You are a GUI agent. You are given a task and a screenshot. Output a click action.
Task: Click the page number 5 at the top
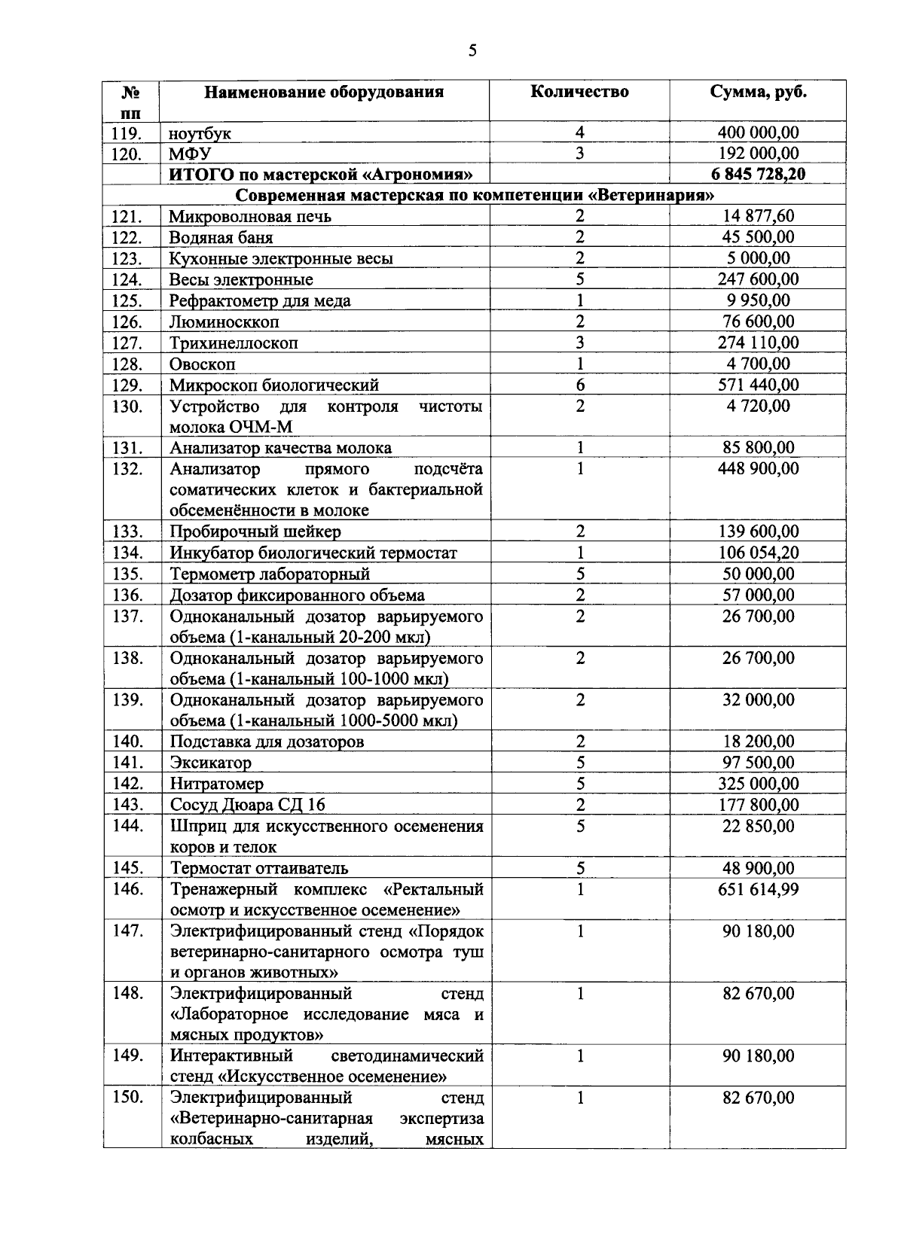(x=472, y=50)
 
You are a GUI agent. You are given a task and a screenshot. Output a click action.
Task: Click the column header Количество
(x=579, y=92)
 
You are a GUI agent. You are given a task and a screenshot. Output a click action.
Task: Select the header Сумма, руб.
(x=758, y=92)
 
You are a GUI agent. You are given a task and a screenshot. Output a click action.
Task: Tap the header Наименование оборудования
(x=325, y=93)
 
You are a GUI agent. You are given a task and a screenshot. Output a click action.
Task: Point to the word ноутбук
(x=200, y=134)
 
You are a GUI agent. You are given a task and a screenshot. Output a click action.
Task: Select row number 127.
(x=127, y=343)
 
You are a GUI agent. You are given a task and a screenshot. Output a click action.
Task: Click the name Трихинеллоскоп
(x=234, y=343)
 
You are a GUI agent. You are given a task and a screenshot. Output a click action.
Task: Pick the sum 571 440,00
(x=758, y=385)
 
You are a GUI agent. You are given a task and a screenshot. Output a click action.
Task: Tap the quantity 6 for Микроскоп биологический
(x=580, y=385)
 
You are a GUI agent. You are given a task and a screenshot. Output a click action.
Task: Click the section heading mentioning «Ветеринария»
(x=475, y=196)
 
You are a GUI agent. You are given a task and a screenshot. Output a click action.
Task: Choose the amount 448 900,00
(x=758, y=469)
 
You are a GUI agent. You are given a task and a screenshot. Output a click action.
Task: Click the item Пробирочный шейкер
(x=255, y=532)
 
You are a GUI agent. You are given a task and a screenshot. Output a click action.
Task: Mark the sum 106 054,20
(x=758, y=553)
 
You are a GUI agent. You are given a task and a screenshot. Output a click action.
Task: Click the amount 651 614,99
(x=758, y=889)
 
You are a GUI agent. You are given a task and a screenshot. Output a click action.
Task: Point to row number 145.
(x=127, y=868)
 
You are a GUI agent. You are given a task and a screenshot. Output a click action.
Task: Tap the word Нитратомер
(x=217, y=784)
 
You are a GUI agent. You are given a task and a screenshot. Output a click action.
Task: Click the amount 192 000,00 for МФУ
(x=758, y=154)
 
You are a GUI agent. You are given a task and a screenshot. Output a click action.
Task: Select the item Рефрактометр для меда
(x=260, y=301)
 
